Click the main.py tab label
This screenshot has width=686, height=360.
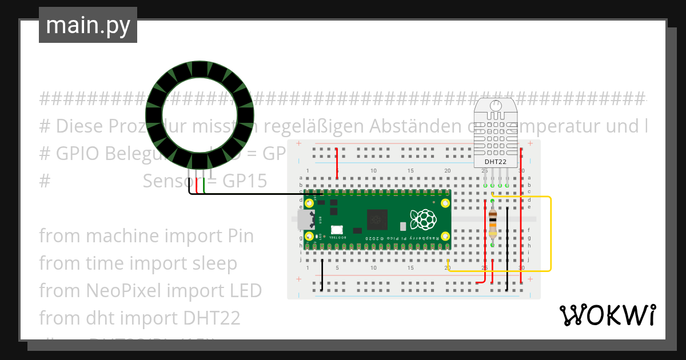pos(88,25)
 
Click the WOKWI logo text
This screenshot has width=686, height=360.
pos(607,315)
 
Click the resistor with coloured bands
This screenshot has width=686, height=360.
pos(493,222)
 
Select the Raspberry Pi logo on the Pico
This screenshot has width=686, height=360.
pos(423,219)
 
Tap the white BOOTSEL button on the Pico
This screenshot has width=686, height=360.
pos(336,229)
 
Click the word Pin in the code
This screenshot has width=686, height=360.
pos(237,235)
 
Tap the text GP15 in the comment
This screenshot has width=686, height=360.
pos(244,181)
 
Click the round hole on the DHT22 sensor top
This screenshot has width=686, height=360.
pos(496,105)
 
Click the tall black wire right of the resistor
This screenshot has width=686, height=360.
pos(507,249)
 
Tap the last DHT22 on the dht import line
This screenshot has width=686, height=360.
pos(212,318)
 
